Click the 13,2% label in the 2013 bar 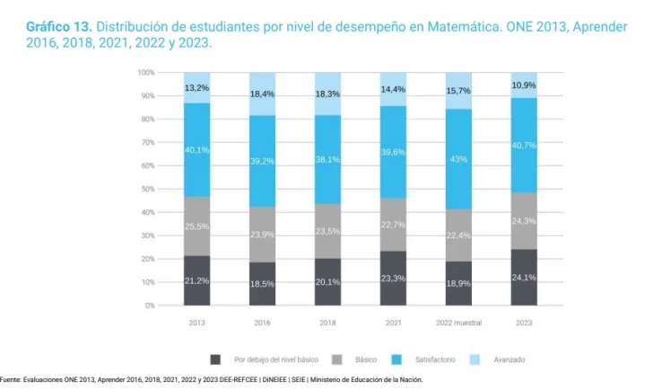coord(197,88)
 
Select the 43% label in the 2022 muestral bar coord(458,159)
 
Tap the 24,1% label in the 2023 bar coord(524,278)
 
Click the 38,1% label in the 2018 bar coord(327,159)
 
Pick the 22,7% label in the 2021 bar coord(393,225)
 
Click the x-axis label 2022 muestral coord(458,322)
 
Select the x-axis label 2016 coord(262,322)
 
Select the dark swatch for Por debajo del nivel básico coord(216,359)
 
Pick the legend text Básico coord(365,359)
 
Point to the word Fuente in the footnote coord(13,380)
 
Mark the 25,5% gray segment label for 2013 coord(197,226)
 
